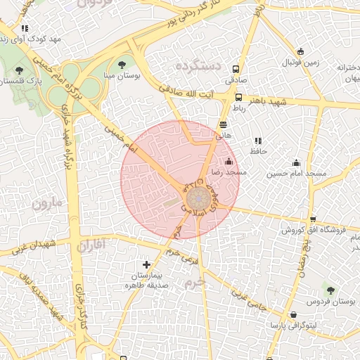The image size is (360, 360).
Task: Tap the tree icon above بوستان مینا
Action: (x=131, y=65)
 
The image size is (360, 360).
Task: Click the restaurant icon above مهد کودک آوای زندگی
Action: (x=25, y=29)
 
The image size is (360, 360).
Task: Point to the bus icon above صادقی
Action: (x=236, y=70)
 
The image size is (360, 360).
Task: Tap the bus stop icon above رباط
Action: (x=239, y=98)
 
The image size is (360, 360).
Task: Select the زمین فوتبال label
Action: (x=300, y=62)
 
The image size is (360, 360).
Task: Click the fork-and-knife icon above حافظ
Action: (x=257, y=141)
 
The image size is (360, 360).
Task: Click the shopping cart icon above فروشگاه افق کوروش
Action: (x=312, y=219)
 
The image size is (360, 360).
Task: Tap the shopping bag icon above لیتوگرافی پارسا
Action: (x=292, y=315)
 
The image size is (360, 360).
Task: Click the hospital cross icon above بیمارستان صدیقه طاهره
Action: (x=146, y=264)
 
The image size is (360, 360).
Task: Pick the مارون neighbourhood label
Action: (x=47, y=205)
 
